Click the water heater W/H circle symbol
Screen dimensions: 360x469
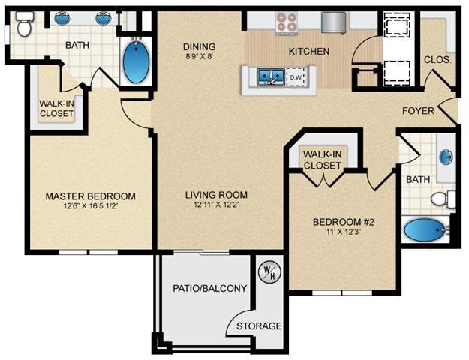268,271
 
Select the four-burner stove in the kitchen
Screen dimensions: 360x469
285,22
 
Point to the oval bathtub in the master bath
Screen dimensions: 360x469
136,61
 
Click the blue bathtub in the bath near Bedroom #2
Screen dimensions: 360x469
424,229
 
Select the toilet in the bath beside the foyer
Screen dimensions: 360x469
445,199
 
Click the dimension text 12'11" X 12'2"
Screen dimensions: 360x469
216,205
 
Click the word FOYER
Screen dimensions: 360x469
418,111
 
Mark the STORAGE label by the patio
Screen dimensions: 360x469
260,326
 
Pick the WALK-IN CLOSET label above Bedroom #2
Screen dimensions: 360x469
323,160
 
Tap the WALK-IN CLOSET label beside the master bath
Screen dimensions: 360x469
56,109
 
